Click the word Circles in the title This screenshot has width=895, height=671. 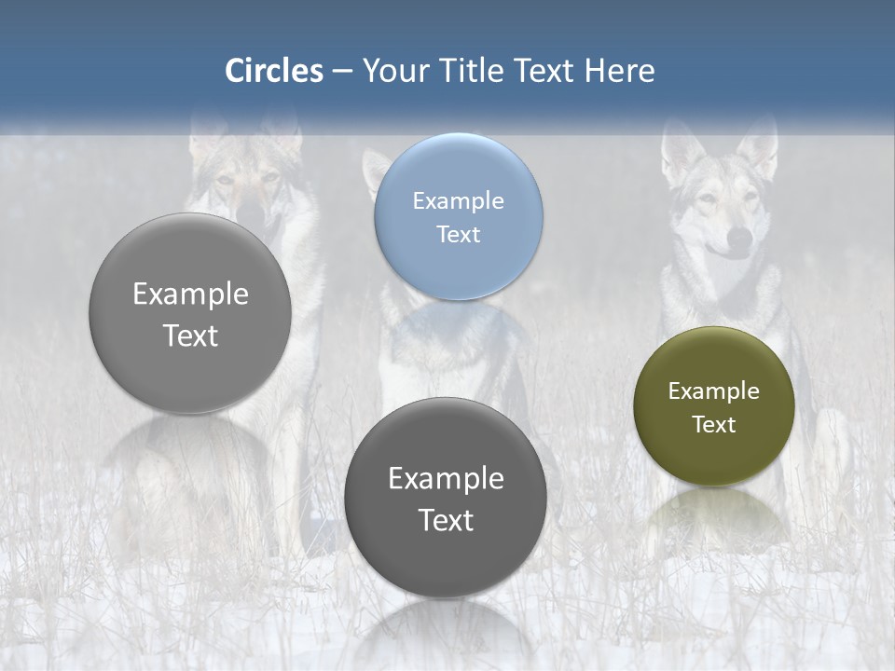(x=274, y=71)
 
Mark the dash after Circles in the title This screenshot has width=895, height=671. (x=342, y=72)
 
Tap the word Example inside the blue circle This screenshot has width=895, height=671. (x=458, y=200)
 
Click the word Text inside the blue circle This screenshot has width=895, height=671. (x=458, y=234)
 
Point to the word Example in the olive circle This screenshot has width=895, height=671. (x=713, y=390)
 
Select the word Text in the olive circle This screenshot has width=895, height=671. (x=713, y=424)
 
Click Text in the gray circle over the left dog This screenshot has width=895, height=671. (x=190, y=335)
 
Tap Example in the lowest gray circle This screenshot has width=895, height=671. (x=445, y=478)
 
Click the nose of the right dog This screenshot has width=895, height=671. (x=738, y=242)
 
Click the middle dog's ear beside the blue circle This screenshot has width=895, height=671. (x=375, y=168)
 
